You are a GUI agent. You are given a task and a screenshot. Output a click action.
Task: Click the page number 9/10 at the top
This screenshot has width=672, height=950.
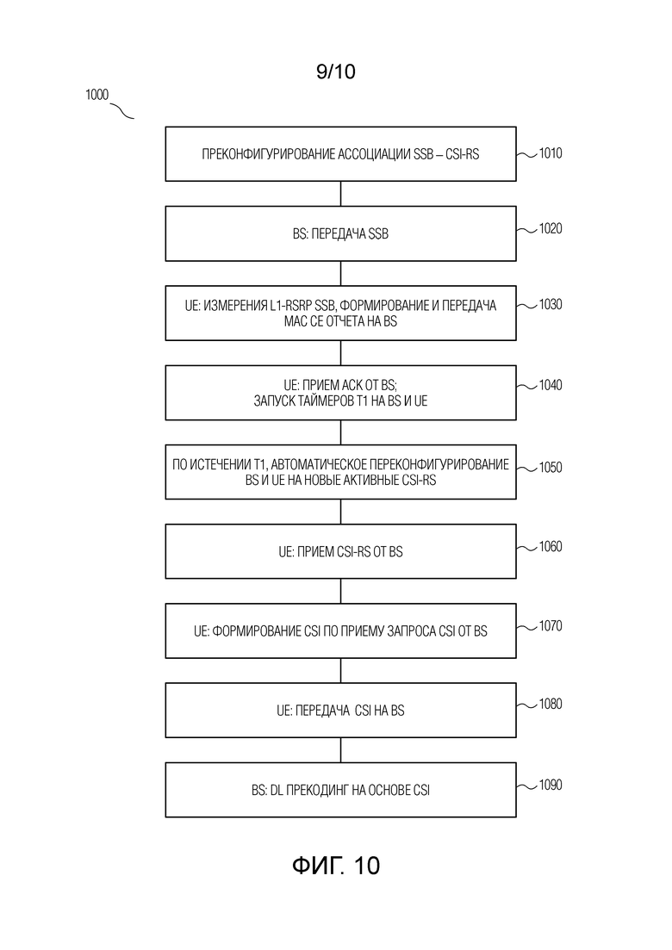336,71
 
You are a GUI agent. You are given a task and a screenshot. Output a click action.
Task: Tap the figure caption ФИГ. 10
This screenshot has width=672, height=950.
336,866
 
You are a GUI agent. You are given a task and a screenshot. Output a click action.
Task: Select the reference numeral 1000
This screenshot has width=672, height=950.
97,95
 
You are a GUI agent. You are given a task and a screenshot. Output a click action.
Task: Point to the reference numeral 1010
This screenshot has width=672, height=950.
551,153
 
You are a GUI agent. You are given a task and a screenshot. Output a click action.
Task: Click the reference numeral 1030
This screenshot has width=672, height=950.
551,304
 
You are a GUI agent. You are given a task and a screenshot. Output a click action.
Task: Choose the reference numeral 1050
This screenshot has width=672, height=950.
551,467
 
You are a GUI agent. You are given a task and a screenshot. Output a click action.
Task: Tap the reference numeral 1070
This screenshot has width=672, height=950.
551,625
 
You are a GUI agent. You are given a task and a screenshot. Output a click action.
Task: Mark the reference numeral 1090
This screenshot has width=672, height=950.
551,785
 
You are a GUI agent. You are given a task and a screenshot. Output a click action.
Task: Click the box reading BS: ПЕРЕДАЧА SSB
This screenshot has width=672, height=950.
340,233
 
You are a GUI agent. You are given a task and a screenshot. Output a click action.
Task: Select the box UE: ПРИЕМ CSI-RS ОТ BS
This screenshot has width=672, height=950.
340,551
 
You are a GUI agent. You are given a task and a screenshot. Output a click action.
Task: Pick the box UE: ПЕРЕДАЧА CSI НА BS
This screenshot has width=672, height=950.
340,710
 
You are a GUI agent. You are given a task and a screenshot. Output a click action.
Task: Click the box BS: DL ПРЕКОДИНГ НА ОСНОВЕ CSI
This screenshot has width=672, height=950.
340,790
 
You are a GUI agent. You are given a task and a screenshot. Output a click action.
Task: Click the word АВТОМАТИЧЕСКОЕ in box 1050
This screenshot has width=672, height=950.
320,465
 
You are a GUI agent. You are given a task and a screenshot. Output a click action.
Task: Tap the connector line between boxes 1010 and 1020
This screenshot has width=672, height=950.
340,194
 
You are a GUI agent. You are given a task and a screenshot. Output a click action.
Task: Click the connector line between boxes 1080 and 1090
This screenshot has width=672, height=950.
340,750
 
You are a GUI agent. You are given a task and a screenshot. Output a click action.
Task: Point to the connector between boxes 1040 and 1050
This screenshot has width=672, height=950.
340,432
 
